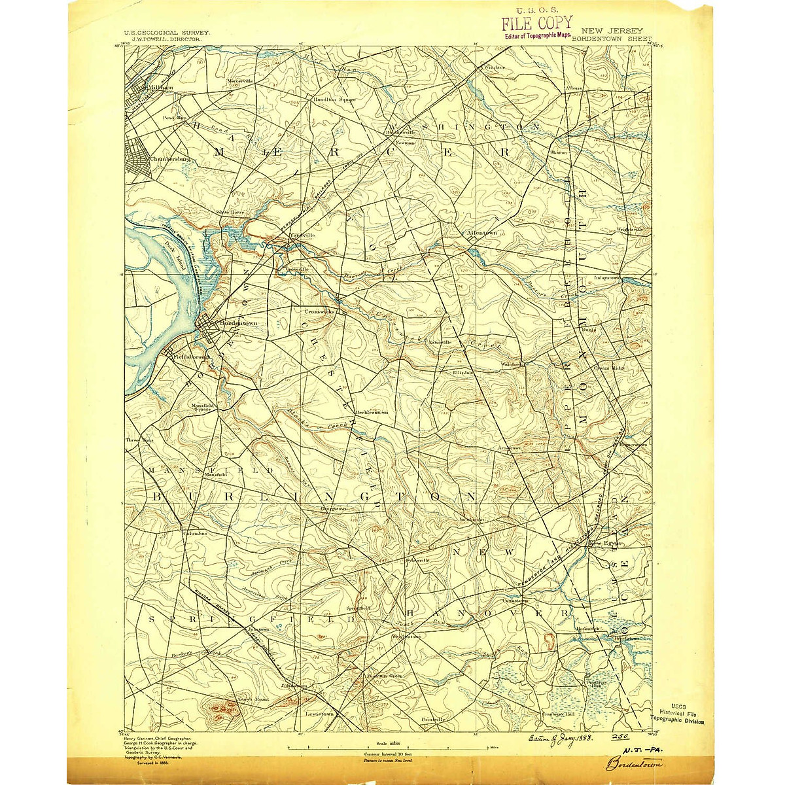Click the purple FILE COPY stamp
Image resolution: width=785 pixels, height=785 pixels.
[536, 24]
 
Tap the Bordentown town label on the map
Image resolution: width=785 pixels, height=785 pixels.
[237, 323]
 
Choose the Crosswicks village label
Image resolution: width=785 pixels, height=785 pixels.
[319, 312]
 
